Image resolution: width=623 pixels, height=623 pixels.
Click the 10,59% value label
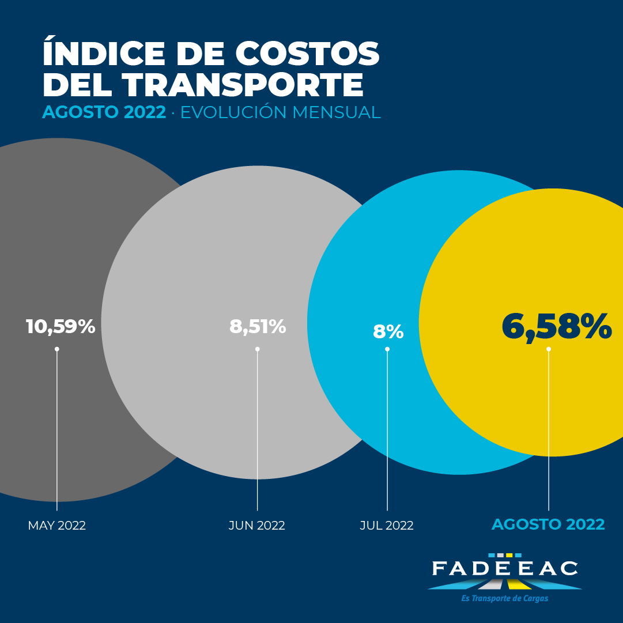pyautogui.click(x=61, y=327)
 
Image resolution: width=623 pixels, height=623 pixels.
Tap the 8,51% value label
pyautogui.click(x=258, y=327)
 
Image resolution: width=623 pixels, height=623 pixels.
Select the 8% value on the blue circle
pyautogui.click(x=388, y=332)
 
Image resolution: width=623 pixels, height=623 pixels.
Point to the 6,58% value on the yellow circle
pyautogui.click(x=557, y=327)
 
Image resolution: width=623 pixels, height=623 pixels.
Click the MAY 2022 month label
pyautogui.click(x=57, y=525)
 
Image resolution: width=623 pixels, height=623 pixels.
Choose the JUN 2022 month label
pyautogui.click(x=256, y=525)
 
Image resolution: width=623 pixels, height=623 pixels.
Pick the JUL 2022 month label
pyautogui.click(x=387, y=525)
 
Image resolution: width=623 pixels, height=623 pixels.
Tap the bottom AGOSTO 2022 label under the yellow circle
pyautogui.click(x=548, y=524)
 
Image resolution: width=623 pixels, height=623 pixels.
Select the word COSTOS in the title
pyautogui.click(x=308, y=53)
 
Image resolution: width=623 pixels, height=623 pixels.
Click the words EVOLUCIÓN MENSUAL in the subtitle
pyautogui.click(x=281, y=112)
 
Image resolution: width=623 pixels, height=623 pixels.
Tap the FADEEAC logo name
pyautogui.click(x=505, y=568)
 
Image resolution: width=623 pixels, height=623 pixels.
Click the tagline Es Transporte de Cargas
pyautogui.click(x=505, y=598)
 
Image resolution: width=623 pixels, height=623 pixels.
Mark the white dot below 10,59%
pyautogui.click(x=57, y=349)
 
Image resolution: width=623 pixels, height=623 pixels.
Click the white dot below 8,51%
pyautogui.click(x=258, y=349)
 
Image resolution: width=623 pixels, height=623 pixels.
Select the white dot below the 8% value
pyautogui.click(x=387, y=349)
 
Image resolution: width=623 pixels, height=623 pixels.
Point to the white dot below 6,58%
pyautogui.click(x=549, y=349)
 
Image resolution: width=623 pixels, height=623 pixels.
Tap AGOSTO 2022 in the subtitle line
pyautogui.click(x=104, y=112)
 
